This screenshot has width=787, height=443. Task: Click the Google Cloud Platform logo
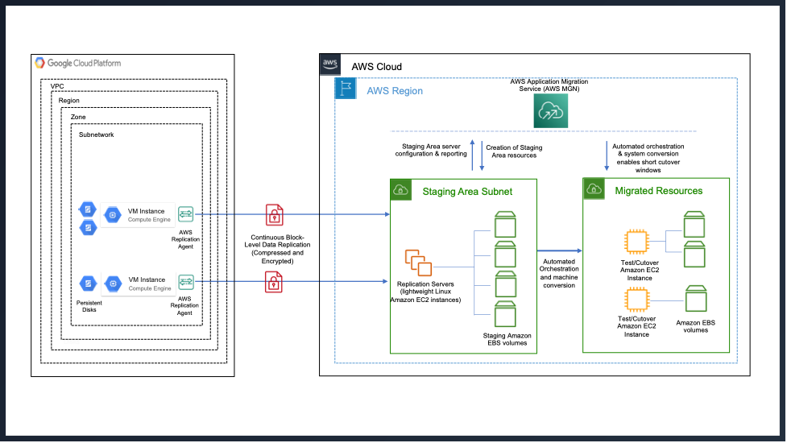tap(40, 63)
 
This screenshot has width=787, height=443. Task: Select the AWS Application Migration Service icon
tap(549, 114)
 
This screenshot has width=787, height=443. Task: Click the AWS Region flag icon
tap(346, 89)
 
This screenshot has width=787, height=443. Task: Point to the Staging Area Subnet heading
tap(467, 191)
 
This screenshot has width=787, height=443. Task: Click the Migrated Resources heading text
tap(659, 191)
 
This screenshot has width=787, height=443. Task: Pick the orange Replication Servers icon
tap(419, 263)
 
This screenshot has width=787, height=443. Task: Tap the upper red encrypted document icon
tap(275, 215)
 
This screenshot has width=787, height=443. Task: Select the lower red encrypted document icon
tap(275, 281)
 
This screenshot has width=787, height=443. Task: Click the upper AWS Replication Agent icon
tap(186, 213)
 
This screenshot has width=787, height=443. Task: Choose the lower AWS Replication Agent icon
tap(186, 281)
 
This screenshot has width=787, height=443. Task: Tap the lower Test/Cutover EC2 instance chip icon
tap(636, 301)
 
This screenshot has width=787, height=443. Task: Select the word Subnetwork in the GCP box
tap(96, 135)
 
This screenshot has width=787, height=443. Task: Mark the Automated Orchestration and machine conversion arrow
tap(559, 251)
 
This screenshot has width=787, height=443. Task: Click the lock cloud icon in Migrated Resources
tap(594, 190)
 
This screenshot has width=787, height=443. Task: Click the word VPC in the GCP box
tap(57, 85)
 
